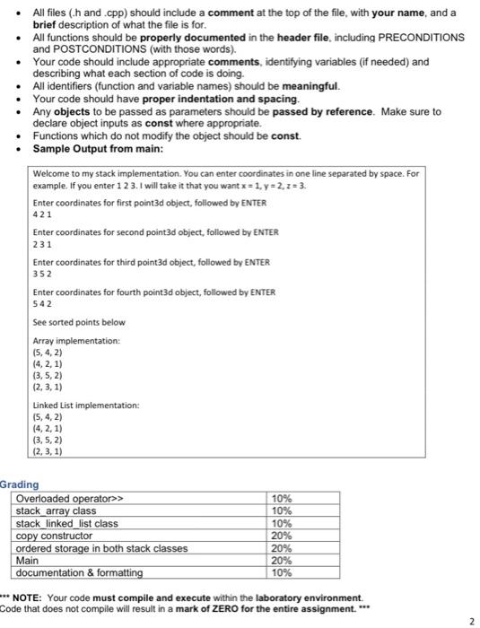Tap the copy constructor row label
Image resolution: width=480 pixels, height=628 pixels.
[x=55, y=535]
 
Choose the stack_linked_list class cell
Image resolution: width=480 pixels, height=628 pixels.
[x=67, y=522]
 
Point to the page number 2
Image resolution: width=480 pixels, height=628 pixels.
[x=471, y=620]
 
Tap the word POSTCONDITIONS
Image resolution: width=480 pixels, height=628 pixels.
[x=82, y=50]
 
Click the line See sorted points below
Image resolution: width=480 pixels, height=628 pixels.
[x=65, y=322]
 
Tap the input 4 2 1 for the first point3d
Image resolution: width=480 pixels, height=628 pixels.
[x=41, y=215]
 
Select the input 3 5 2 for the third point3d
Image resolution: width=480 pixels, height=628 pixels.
[x=41, y=273]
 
